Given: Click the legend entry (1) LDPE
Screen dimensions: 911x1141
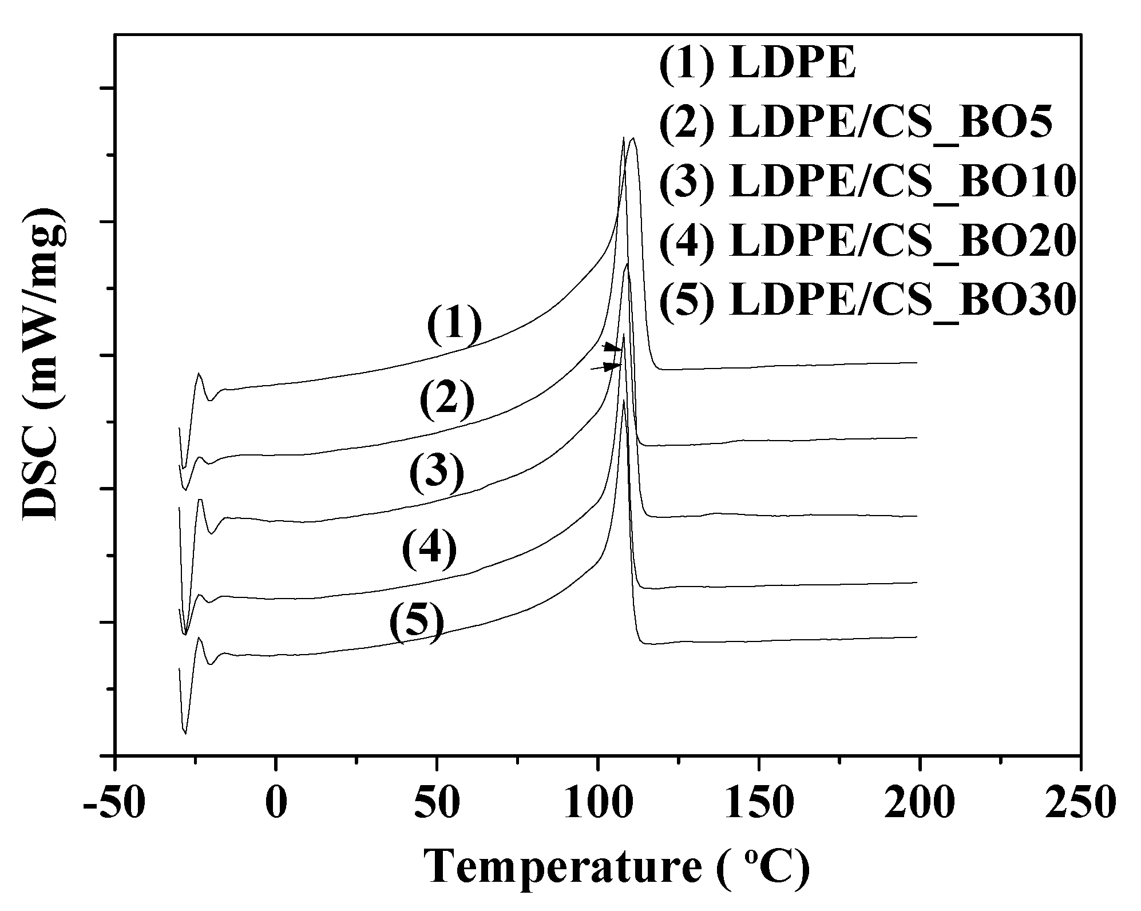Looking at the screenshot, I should [x=757, y=64].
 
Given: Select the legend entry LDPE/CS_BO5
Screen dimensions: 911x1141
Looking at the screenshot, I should [x=856, y=123].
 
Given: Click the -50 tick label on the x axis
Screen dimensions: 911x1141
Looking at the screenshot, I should [x=114, y=806].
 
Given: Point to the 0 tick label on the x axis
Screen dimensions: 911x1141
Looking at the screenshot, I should [x=276, y=806].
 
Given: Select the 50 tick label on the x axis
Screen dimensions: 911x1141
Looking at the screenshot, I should [x=437, y=806].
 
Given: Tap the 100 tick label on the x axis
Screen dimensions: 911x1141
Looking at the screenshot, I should [x=597, y=806].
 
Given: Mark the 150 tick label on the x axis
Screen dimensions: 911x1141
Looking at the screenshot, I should [x=759, y=806].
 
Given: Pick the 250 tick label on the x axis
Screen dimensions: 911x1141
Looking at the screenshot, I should [x=1080, y=806].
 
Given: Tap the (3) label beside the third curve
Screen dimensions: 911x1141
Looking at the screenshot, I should [x=436, y=474].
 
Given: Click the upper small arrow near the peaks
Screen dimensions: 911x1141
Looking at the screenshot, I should [x=612, y=347].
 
